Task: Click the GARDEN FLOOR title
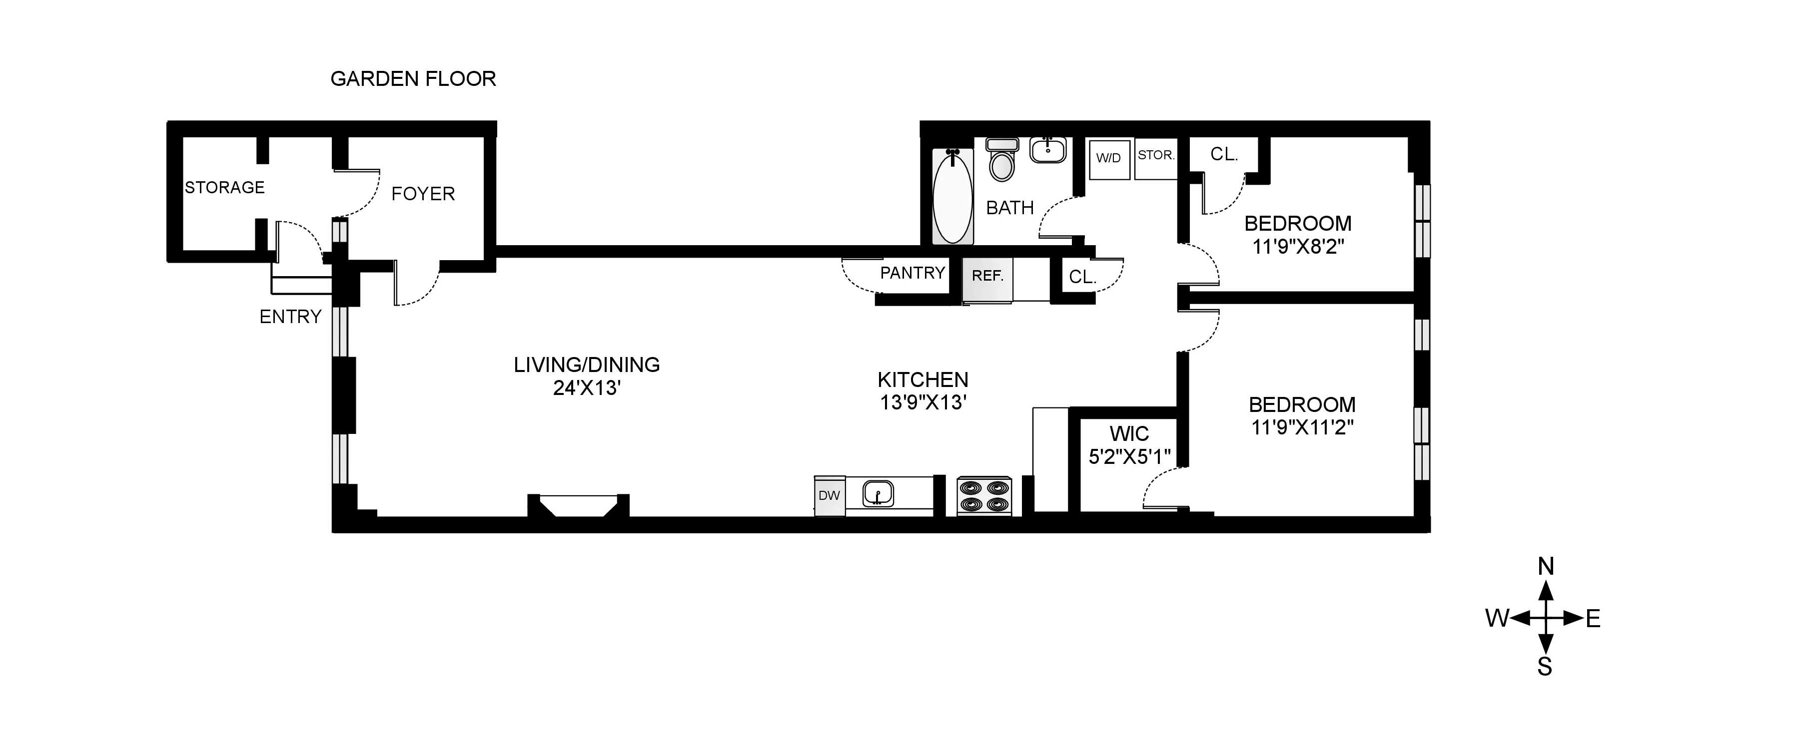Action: [x=413, y=79]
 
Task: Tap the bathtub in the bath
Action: [x=952, y=198]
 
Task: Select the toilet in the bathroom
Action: [x=1002, y=161]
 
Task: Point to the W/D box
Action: [x=1108, y=158]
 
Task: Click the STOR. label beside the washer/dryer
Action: [x=1156, y=155]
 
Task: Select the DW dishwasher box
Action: [x=829, y=496]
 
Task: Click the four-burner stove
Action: [x=984, y=496]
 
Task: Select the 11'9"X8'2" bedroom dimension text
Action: [x=1298, y=246]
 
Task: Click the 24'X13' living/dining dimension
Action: [x=587, y=388]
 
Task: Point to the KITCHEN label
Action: [x=922, y=379]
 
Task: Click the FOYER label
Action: [x=422, y=194]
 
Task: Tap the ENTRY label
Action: [x=290, y=317]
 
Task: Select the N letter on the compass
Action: [x=1546, y=567]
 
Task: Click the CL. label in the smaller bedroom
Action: [x=1223, y=154]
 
